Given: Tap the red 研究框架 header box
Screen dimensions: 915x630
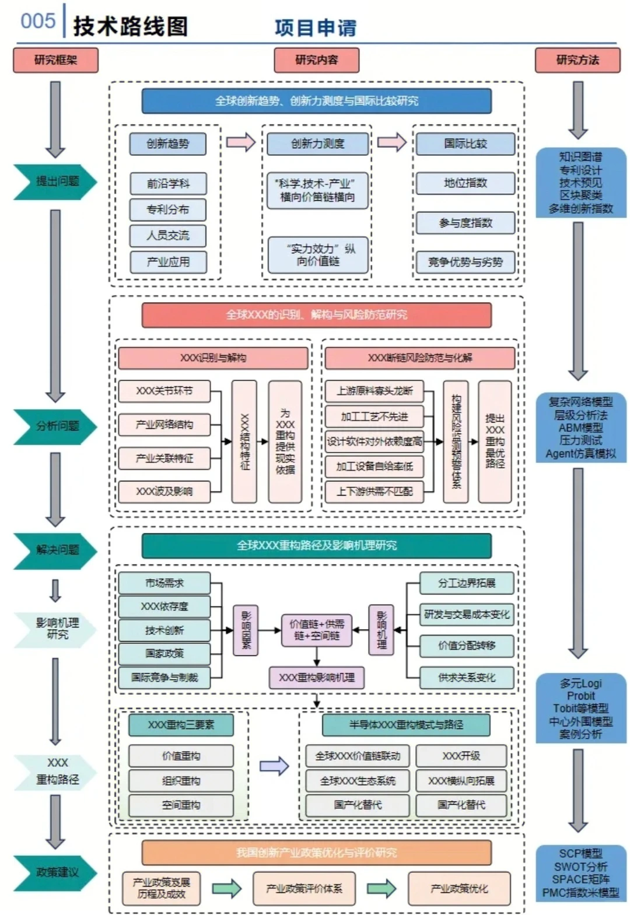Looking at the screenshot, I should [x=55, y=60].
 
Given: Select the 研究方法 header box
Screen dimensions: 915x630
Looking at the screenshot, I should [x=577, y=60].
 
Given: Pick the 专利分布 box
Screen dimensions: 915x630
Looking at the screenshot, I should [x=168, y=209].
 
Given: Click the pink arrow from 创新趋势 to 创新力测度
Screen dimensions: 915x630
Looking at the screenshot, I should [x=241, y=142].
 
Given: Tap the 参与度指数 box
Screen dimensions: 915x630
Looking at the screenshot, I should [x=465, y=223].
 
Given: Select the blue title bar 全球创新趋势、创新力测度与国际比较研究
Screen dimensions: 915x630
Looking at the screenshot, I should [x=316, y=101].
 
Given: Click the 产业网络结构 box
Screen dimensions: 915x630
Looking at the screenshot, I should [x=164, y=424].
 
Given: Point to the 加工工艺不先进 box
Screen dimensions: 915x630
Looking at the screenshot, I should [x=374, y=417].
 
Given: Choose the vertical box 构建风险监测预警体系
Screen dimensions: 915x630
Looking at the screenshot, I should [x=456, y=441].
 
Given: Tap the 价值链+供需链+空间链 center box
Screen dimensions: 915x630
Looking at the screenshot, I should [x=316, y=630].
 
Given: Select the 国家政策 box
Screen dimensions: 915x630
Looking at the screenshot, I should [x=164, y=654].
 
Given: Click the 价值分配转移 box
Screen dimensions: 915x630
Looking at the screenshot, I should [x=467, y=645].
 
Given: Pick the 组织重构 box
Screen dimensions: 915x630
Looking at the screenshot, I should [x=181, y=781].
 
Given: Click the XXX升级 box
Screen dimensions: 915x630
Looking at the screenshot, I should [x=461, y=756].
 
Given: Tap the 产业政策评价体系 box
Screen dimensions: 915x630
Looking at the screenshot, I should [x=304, y=888].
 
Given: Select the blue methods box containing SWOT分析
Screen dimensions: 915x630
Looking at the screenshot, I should [x=580, y=873].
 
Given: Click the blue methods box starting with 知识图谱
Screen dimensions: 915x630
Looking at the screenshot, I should [x=580, y=182].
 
